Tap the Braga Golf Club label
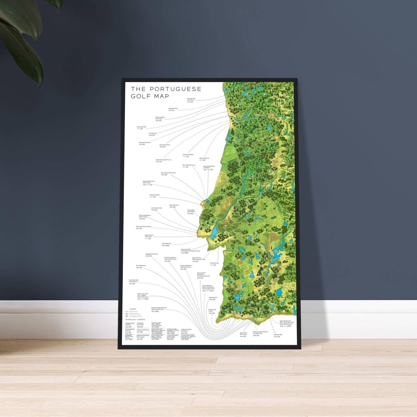[x=173, y=109]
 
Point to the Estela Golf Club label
[x=141, y=127]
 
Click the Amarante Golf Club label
[x=145, y=143]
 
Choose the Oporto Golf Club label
[x=204, y=158]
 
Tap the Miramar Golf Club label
[x=188, y=155]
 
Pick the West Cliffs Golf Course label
[x=189, y=165]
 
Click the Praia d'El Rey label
[x=149, y=182]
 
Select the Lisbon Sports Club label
[x=156, y=208]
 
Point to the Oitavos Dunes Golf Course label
[x=149, y=236]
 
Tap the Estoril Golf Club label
[x=166, y=244]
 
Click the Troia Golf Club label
[x=214, y=263]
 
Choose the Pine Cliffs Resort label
[x=141, y=266]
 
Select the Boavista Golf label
[x=213, y=298]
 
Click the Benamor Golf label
[x=278, y=335]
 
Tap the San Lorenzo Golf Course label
[x=244, y=334]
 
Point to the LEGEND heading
[x=132, y=309]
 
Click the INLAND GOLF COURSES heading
[x=135, y=320]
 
